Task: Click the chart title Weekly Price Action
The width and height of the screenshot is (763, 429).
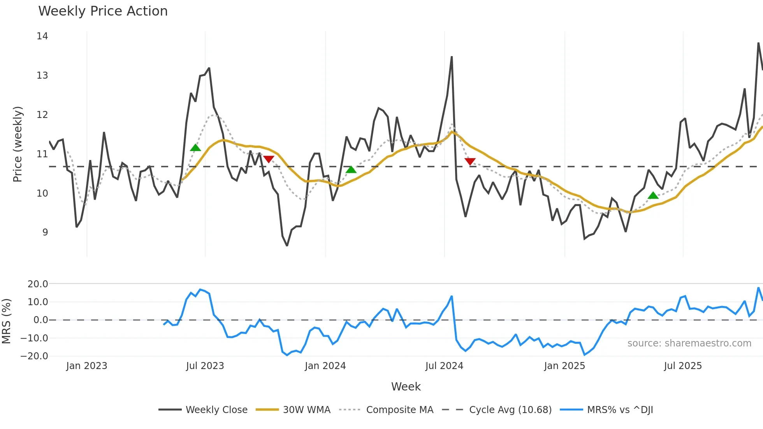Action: pyautogui.click(x=103, y=11)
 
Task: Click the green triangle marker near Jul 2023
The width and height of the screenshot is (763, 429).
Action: pyautogui.click(x=195, y=148)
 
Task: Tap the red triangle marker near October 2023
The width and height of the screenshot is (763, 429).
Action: pyautogui.click(x=269, y=159)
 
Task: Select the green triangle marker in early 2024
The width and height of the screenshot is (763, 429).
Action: pyautogui.click(x=351, y=169)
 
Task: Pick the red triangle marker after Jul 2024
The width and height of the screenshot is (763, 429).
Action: pyautogui.click(x=470, y=161)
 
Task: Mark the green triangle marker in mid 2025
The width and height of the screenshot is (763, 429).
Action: pyautogui.click(x=653, y=195)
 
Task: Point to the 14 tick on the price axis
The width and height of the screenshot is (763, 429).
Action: pyautogui.click(x=42, y=36)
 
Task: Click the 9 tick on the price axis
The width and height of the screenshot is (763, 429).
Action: pyautogui.click(x=45, y=232)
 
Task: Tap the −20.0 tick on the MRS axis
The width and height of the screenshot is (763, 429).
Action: pyautogui.click(x=34, y=356)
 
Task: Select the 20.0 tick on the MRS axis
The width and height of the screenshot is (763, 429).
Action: pyautogui.click(x=37, y=284)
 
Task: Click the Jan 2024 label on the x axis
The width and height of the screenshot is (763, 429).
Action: pyautogui.click(x=325, y=366)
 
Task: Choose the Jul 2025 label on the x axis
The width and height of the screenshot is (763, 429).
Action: pyautogui.click(x=683, y=366)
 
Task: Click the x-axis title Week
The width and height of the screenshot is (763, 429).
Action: pyautogui.click(x=406, y=387)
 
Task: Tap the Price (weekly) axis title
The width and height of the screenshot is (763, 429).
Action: pyautogui.click(x=18, y=144)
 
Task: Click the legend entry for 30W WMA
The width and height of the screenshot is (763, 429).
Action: pyautogui.click(x=306, y=410)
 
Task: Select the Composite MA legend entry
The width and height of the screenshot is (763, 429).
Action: pyautogui.click(x=399, y=410)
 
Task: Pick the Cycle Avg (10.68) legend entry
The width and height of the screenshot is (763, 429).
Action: pyautogui.click(x=510, y=410)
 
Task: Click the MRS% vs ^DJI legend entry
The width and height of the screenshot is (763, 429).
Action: pyautogui.click(x=620, y=410)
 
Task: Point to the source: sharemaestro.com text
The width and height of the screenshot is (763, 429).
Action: pyautogui.click(x=689, y=343)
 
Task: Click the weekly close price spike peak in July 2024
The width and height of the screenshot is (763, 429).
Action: pyautogui.click(x=452, y=57)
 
